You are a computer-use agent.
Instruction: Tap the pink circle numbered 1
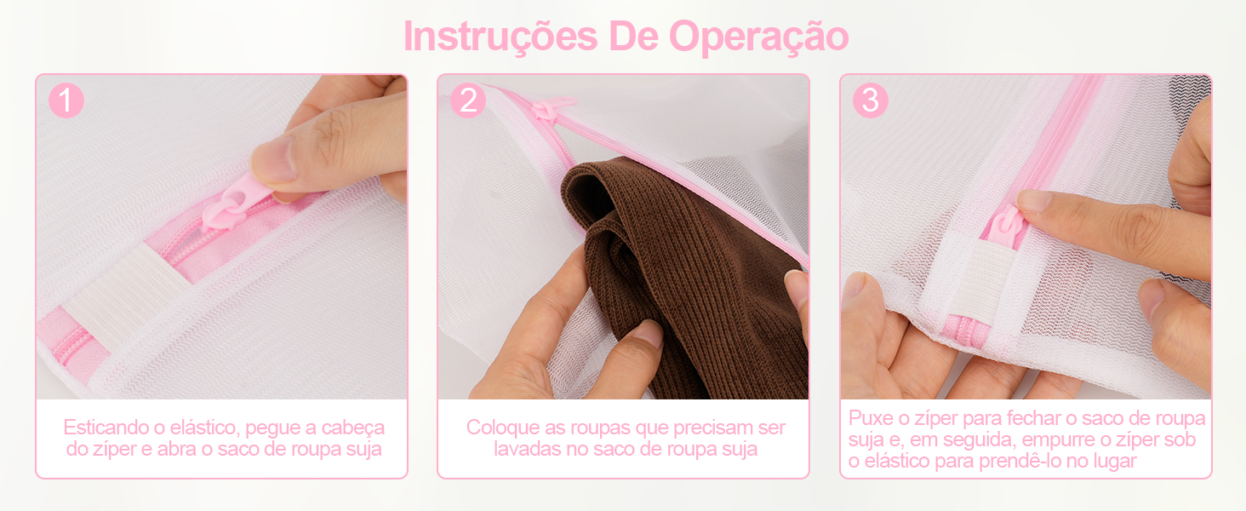66,100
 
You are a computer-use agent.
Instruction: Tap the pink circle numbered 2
468,100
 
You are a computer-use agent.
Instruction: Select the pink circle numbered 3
870,100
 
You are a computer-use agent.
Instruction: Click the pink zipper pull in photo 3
1004,226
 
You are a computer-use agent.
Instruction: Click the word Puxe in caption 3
869,418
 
